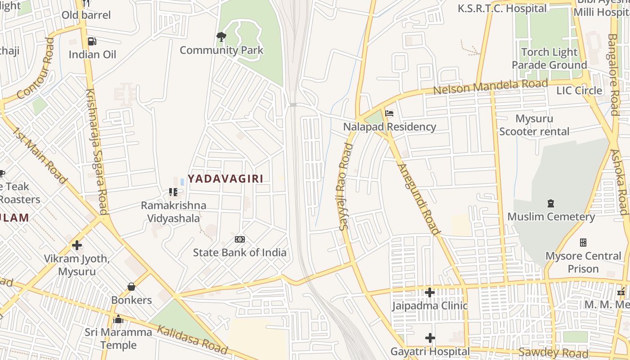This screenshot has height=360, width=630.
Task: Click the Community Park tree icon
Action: coord(221,37)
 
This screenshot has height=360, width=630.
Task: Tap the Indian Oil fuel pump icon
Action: coord(92,41)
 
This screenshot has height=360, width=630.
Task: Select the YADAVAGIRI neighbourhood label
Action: coord(225,179)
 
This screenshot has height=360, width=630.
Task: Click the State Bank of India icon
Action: coord(240,239)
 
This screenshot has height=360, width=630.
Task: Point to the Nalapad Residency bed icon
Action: coord(389,113)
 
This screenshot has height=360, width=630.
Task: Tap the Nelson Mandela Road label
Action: coord(490,86)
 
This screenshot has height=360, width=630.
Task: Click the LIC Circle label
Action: coord(579,90)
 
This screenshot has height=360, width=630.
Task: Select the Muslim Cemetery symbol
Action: coord(550,203)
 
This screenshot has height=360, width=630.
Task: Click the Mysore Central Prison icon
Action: coord(583,243)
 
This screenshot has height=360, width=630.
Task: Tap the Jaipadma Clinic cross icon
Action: coord(430,292)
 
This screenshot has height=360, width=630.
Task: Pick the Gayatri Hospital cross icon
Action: coord(430,338)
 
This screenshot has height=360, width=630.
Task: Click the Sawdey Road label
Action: coord(553,352)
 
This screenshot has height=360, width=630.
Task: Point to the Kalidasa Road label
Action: coord(192,339)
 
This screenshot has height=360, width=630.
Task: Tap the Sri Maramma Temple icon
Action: coord(119,319)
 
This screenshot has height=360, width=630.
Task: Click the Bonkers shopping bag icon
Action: coord(131,287)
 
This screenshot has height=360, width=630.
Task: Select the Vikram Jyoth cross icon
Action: coord(77,245)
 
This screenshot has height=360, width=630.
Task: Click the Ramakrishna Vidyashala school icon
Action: coord(173,192)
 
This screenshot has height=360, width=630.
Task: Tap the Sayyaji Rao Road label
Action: coord(345,187)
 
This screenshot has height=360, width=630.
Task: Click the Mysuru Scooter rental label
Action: coord(534,125)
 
